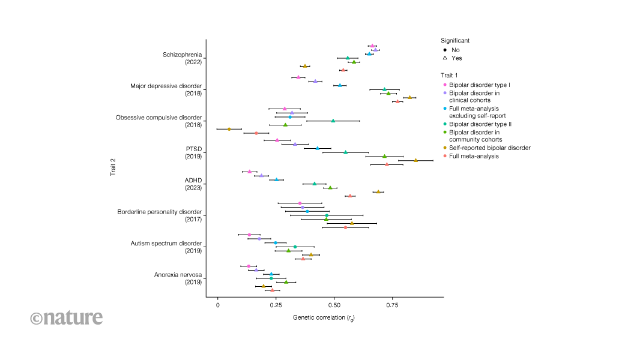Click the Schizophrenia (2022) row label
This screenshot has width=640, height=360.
click(x=182, y=58)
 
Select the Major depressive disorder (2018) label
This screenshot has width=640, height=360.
click(x=166, y=89)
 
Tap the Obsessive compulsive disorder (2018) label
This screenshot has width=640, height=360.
click(x=158, y=121)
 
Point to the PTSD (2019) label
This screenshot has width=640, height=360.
click(x=193, y=152)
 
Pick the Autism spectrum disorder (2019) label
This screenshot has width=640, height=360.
click(x=166, y=246)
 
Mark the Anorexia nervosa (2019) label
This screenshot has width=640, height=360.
click(x=178, y=278)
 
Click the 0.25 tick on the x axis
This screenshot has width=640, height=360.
click(x=276, y=305)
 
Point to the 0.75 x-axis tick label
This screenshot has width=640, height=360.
click(x=392, y=305)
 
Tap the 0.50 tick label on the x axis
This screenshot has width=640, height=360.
click(x=334, y=305)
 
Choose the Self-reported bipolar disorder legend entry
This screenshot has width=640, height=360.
click(x=489, y=148)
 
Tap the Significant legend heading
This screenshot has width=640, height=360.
click(x=455, y=40)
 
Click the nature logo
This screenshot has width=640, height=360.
click(x=66, y=317)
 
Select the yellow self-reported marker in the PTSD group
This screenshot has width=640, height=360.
click(x=415, y=160)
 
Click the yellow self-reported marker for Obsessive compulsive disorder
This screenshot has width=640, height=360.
click(x=229, y=129)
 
